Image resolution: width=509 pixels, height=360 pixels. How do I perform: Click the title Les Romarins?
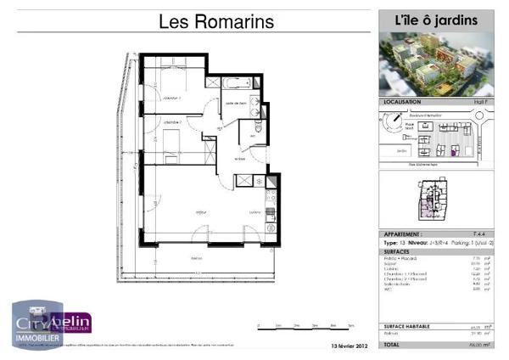click(x=217, y=22)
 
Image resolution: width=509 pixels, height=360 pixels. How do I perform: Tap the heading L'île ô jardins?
click(x=435, y=20)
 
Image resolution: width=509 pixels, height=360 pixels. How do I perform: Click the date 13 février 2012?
click(x=348, y=346)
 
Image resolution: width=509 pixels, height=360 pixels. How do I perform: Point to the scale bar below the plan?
click(x=287, y=326)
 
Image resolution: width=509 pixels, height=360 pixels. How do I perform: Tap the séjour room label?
click(x=202, y=211)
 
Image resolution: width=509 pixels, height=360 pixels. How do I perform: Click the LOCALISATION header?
click(x=402, y=101)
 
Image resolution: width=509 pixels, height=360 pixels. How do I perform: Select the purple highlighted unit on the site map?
click(x=453, y=152)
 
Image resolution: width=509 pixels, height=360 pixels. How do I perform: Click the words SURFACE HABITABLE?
click(x=407, y=326)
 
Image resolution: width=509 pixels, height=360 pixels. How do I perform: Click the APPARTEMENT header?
click(x=406, y=233)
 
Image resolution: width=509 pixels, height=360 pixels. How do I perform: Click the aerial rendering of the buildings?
click(x=435, y=64)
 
